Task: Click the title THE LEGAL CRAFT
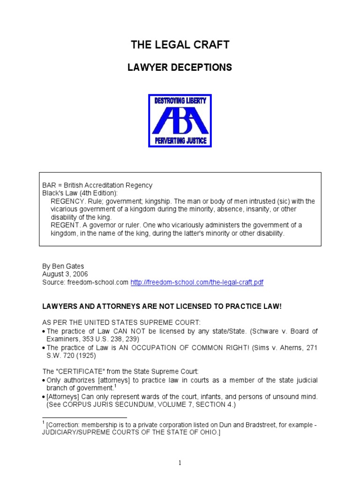[180, 45]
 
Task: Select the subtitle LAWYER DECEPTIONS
[180, 67]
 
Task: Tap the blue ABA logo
[180, 120]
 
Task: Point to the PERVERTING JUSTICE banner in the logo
[180, 141]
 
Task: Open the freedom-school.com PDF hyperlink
[200, 282]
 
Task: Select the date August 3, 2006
[65, 274]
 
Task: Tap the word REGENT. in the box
[64, 225]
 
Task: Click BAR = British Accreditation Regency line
[97, 185]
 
